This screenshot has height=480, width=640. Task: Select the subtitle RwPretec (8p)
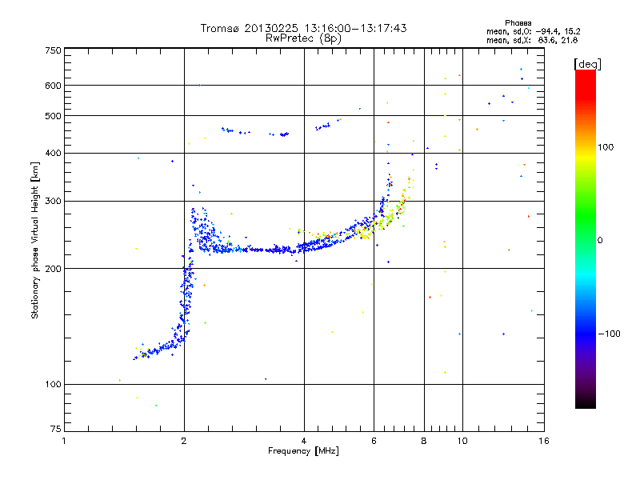click(x=303, y=38)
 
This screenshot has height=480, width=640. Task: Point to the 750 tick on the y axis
click(x=53, y=50)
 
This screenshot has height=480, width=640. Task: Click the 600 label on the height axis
click(x=53, y=86)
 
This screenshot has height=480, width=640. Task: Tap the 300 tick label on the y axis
click(x=53, y=201)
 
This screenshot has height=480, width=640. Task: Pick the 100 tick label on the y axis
click(x=53, y=384)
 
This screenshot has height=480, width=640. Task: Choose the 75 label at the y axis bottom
click(x=56, y=429)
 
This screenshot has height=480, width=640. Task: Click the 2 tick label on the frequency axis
click(x=184, y=441)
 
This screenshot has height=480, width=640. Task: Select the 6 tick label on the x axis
click(x=374, y=441)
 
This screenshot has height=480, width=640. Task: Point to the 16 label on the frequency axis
click(x=544, y=441)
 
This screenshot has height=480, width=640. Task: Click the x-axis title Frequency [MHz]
click(x=303, y=451)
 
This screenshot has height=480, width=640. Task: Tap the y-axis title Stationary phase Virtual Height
click(x=34, y=254)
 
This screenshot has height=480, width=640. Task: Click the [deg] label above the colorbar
click(x=587, y=64)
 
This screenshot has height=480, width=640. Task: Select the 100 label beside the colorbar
click(x=606, y=147)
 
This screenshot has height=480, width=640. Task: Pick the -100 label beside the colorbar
click(x=609, y=334)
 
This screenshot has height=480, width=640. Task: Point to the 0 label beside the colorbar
click(x=600, y=240)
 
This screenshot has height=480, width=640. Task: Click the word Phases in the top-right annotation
click(x=518, y=23)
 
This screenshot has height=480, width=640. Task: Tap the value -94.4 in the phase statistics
click(x=548, y=31)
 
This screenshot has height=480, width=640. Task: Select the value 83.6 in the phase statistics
click(x=548, y=40)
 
